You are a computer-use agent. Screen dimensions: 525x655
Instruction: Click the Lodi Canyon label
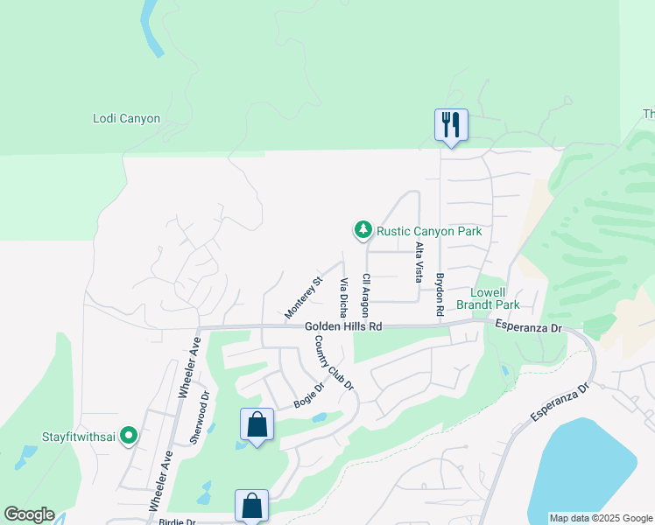point(127,118)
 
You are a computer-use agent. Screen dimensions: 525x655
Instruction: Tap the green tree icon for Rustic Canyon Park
point(363,230)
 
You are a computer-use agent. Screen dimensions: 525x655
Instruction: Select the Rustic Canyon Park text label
point(429,232)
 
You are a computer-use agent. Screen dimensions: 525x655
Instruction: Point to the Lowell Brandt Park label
point(496,298)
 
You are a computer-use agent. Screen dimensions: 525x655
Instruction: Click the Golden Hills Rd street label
point(344,326)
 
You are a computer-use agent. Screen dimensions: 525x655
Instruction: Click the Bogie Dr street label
point(308,395)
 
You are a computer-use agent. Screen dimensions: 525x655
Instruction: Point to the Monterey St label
point(304,297)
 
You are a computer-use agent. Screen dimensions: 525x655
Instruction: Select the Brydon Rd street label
point(440,294)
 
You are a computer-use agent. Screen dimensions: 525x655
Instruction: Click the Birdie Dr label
point(179,521)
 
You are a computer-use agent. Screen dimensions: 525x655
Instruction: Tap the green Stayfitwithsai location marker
point(129,434)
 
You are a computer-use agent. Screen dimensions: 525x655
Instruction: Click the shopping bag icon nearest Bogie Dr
point(257,426)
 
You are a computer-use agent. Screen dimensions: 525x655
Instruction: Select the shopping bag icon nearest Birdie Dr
point(251,505)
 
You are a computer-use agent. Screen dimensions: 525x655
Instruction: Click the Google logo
point(29,514)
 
